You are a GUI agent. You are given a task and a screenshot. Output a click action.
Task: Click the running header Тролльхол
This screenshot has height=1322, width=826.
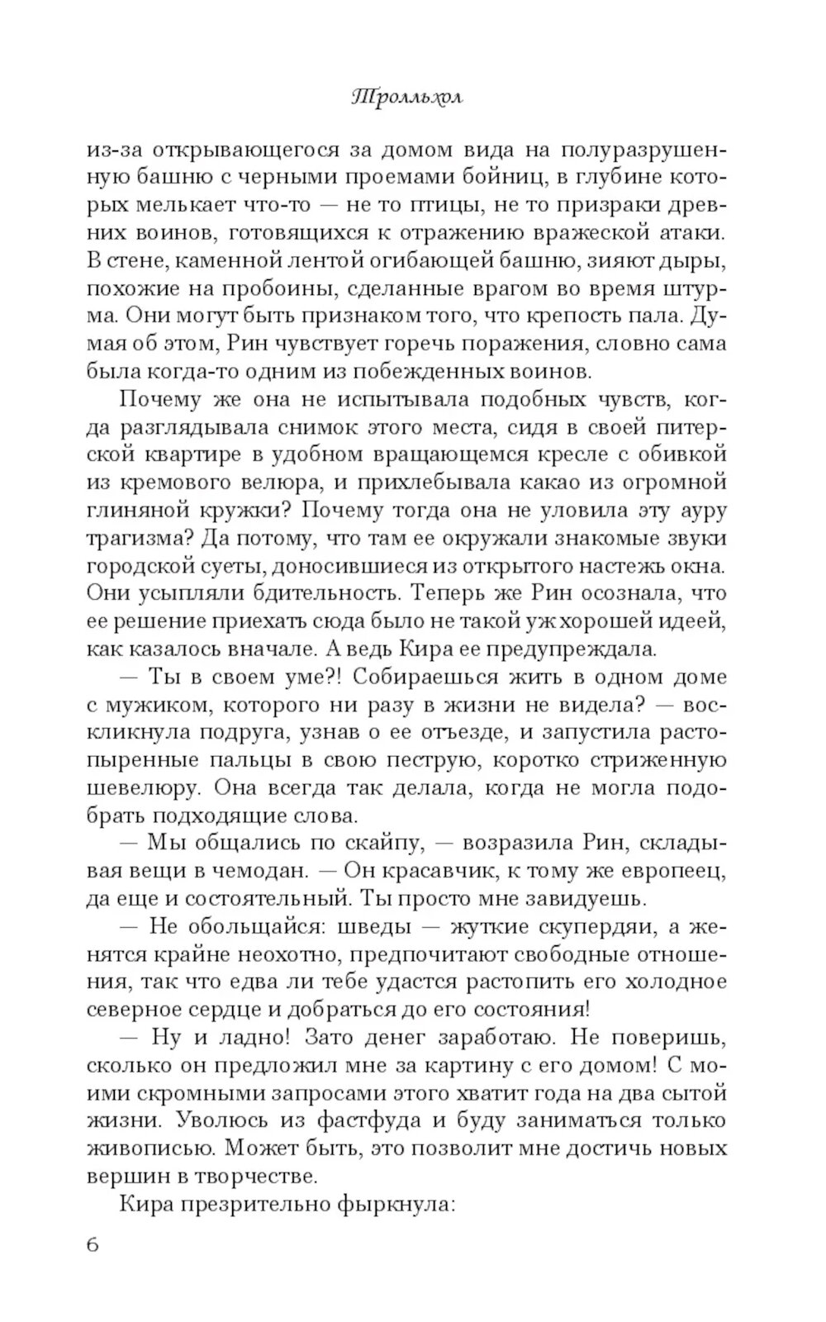(x=406, y=97)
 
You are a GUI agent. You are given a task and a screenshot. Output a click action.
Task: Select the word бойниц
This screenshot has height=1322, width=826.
(x=481, y=178)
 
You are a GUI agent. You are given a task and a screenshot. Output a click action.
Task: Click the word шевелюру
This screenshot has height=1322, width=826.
(x=138, y=787)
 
